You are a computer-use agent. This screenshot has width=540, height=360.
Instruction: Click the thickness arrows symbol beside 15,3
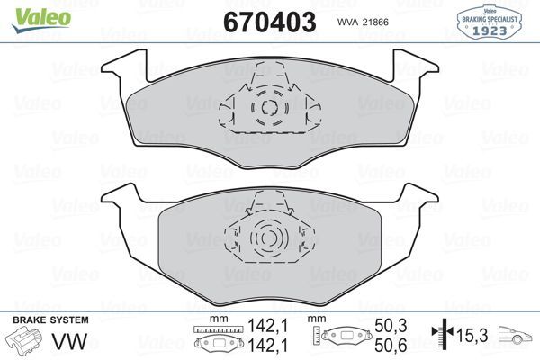(x=440, y=336)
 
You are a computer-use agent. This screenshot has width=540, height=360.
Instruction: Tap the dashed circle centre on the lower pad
(x=266, y=239)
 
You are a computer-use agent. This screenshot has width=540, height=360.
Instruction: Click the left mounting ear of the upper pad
(x=124, y=65)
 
